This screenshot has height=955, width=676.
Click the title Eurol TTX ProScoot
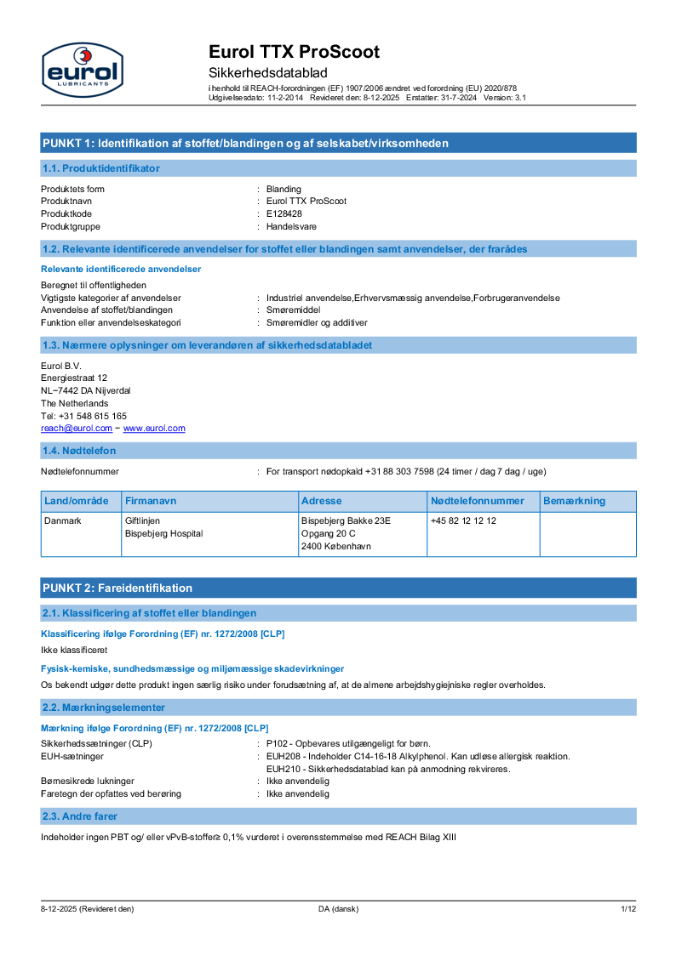pos(294,52)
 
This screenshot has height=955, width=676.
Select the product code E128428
pos(284,214)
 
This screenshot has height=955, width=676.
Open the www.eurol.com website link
pos(154,429)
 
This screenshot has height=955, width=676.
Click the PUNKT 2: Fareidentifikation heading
pos(117,588)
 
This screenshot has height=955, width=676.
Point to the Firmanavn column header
pos(151,501)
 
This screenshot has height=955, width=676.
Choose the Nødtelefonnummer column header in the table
pos(477,501)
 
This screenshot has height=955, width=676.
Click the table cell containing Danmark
pos(63,520)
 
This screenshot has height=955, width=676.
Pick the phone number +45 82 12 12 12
pos(463,520)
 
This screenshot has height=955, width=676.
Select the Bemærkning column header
pos(574,501)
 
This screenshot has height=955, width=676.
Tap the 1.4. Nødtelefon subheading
pos(79,451)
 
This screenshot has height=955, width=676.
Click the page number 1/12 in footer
pos(628,909)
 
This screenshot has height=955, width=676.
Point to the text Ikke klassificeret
pos(74,650)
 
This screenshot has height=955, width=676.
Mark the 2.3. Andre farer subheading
pos(80,817)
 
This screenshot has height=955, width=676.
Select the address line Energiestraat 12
pos(74,378)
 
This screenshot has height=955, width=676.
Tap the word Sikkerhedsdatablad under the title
pos(268,73)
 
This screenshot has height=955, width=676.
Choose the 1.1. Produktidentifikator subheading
pos(100,168)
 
